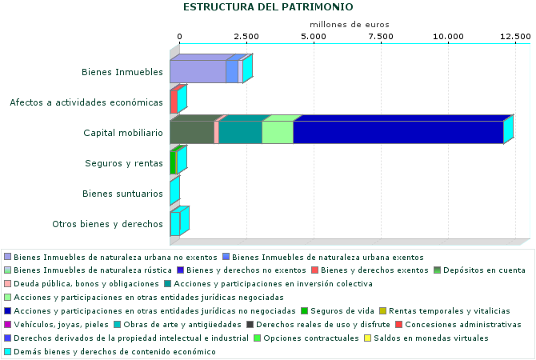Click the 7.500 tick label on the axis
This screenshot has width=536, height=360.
coord(381,37)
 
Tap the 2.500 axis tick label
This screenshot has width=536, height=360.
coord(246,37)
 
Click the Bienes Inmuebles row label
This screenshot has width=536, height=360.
coord(122,72)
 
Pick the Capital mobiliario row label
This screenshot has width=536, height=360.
coord(123,133)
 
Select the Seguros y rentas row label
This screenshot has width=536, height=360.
coord(124,163)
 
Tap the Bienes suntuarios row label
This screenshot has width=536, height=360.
coord(123,194)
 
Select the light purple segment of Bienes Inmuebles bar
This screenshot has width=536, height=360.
coord(198,71)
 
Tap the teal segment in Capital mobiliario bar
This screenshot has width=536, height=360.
coord(240,132)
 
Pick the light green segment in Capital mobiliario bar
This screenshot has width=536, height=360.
coord(278,132)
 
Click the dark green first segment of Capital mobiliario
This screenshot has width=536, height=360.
coord(192,132)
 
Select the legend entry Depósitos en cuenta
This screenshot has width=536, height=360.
coord(485,270)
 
